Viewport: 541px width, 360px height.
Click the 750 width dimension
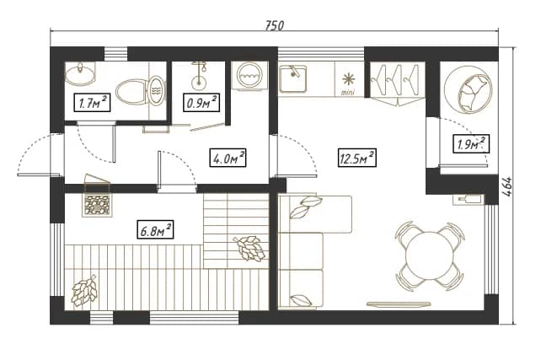click(275, 25)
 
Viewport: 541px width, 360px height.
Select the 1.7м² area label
click(92, 103)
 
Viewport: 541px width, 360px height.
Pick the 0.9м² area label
click(201, 103)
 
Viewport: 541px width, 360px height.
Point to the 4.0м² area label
click(228, 159)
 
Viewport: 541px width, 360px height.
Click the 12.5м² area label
click(356, 159)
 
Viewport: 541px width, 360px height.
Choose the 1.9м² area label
click(471, 143)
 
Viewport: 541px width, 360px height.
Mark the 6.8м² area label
click(155, 230)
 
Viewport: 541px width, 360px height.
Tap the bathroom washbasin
click(80, 73)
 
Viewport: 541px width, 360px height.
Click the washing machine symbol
click(249, 76)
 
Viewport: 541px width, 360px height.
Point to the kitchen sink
click(292, 79)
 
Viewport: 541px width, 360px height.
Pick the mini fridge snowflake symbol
click(349, 79)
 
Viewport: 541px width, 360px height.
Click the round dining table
click(429, 255)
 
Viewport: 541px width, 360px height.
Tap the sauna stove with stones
click(97, 206)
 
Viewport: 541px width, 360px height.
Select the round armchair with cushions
click(467, 93)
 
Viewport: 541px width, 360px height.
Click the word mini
click(348, 93)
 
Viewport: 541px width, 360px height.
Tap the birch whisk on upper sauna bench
click(250, 247)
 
